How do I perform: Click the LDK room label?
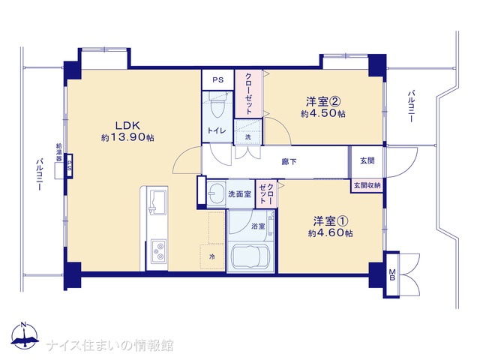point(127,125)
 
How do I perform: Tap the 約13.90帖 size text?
point(127,137)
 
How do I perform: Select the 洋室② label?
point(323,101)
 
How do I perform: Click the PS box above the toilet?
point(218,80)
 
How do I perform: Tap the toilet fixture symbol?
point(218,106)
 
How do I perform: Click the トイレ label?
point(217,130)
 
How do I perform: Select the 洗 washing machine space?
point(248,132)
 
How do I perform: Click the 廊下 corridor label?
point(289,162)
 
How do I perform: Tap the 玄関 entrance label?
point(367,160)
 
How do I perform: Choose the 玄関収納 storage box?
point(367,185)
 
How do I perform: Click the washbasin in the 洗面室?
point(216,193)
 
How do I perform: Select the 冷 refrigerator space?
point(212,256)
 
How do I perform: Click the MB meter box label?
point(392,274)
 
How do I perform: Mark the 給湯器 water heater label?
point(59,152)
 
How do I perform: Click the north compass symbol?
point(25,335)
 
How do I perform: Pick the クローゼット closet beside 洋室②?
point(248,94)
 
